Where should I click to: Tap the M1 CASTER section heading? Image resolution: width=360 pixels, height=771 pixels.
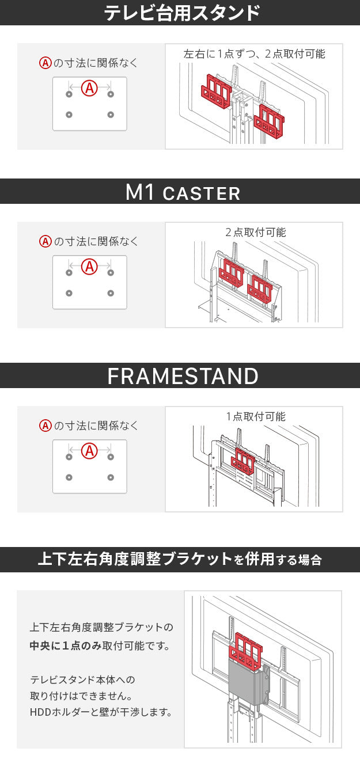coord(183,192)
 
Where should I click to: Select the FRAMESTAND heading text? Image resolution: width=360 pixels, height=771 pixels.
coord(183,376)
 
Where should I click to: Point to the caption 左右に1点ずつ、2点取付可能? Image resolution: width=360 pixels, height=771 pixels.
coord(254,54)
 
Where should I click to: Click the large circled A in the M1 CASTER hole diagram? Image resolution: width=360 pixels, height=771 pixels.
coord(89,267)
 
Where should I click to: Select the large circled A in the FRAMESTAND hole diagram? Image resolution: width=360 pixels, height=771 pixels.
coord(89,451)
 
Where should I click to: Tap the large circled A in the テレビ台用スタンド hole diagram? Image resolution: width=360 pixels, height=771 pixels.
coord(89,88)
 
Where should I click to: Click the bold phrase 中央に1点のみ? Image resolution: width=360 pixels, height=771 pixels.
coord(66,646)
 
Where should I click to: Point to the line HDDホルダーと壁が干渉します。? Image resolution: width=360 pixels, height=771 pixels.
coord(101,712)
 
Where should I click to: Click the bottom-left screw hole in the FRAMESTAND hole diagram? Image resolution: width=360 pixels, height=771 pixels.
coord(69,477)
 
